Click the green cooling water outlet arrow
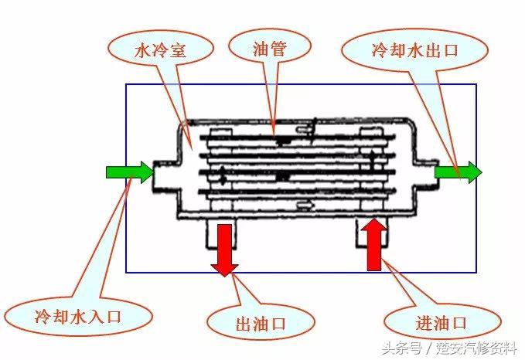pyautogui.click(x=458, y=172)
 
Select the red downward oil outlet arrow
pyautogui.click(x=225, y=249)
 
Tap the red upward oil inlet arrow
pyautogui.click(x=374, y=243)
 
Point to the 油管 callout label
pyautogui.click(x=269, y=49)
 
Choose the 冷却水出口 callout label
pyautogui.click(x=415, y=51)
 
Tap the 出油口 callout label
pyautogui.click(x=261, y=322)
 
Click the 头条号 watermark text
pyautogui.click(x=386, y=346)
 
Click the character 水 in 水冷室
pyautogui.click(x=142, y=51)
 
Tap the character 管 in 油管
pyautogui.click(x=278, y=49)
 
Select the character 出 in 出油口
pyautogui.click(x=243, y=322)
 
